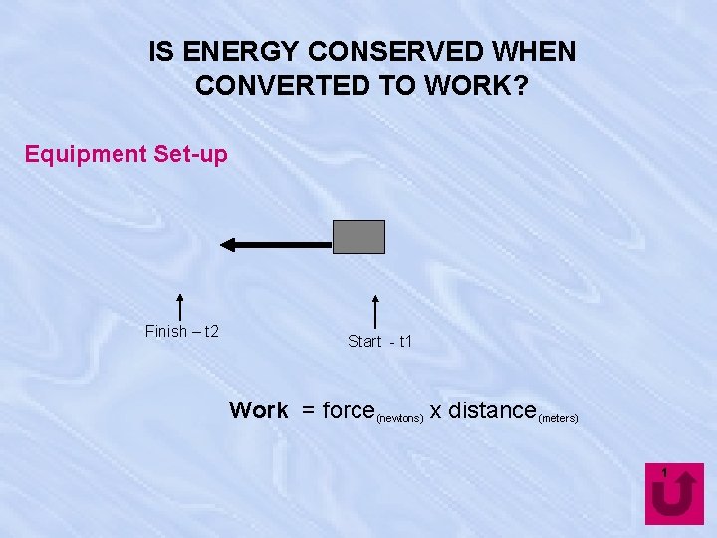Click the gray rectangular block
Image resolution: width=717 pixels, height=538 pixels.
click(358, 237)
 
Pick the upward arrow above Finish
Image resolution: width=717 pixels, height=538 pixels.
click(180, 307)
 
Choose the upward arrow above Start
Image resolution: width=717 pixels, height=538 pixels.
click(375, 310)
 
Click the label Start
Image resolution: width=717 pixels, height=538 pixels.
click(364, 342)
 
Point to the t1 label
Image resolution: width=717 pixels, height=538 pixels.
click(405, 342)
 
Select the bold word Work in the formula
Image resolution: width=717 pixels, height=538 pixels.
click(258, 410)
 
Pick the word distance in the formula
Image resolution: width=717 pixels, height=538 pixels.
click(492, 410)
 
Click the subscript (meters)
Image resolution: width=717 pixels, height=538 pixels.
click(558, 418)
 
